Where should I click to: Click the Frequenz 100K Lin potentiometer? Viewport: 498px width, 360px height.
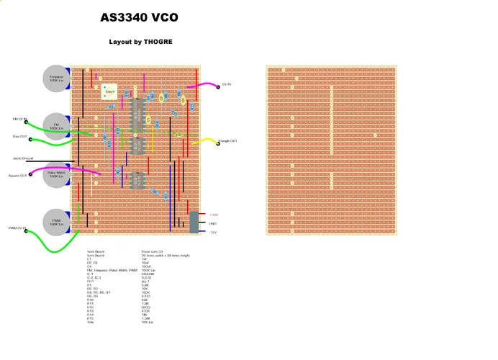(x=57, y=78)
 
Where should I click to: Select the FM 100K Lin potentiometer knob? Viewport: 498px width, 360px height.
(x=57, y=126)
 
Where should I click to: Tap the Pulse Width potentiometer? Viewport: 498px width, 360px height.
(x=57, y=174)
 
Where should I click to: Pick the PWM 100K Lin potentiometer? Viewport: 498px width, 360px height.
(x=57, y=222)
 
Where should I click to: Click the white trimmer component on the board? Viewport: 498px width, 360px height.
(x=110, y=91)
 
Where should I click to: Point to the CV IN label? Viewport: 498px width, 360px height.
(x=227, y=85)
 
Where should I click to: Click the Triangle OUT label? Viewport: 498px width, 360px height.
(x=229, y=141)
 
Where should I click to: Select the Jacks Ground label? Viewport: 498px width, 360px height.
(x=23, y=158)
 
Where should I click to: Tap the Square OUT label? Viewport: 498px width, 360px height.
(x=18, y=175)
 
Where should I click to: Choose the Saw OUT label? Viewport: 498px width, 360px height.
(x=19, y=135)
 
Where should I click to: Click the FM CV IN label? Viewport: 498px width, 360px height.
(x=19, y=119)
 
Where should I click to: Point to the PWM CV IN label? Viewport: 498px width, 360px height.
(x=17, y=228)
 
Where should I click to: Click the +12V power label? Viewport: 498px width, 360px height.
(x=214, y=215)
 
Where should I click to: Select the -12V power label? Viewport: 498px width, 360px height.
(x=214, y=232)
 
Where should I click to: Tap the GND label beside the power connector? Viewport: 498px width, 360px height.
(x=213, y=223)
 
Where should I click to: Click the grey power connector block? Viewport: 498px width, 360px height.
(x=194, y=222)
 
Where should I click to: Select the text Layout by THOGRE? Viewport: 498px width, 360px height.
(x=141, y=42)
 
